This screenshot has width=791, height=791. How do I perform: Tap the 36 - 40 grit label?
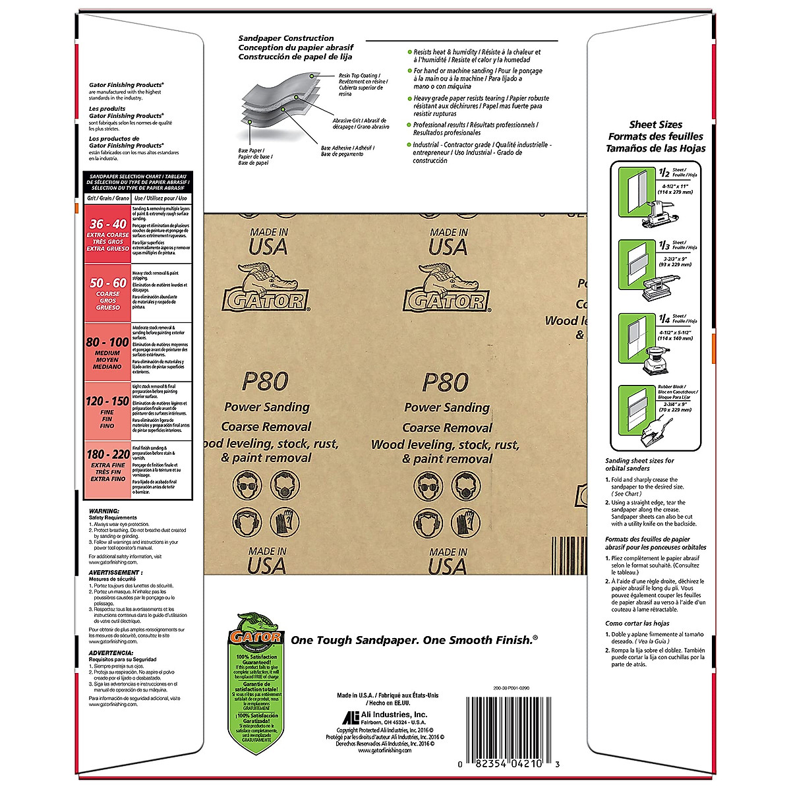[x=108, y=225]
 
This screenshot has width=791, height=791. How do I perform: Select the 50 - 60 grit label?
[x=108, y=283]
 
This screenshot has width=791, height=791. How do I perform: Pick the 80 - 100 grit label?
[x=107, y=343]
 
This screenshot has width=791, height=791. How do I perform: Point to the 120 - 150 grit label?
[x=107, y=401]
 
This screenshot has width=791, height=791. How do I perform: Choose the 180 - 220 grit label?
[x=107, y=455]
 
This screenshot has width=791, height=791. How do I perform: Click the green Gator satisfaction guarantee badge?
[x=256, y=679]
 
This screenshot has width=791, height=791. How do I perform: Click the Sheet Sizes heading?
[x=656, y=125]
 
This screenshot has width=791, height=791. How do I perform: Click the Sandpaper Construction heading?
[x=286, y=38]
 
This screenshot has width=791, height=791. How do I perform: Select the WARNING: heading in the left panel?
[x=104, y=511]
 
